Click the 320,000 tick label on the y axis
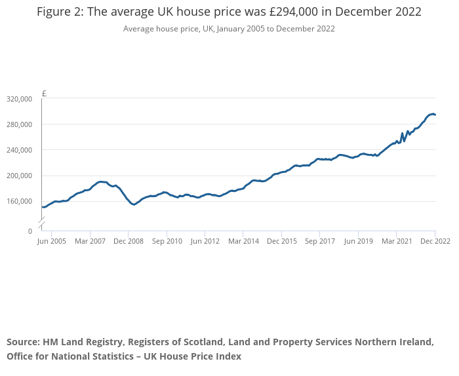click(x=19, y=99)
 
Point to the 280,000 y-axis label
click(x=19, y=124)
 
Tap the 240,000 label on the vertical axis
click(x=19, y=150)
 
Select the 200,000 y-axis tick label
click(x=19, y=176)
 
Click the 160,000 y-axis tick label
click(x=19, y=201)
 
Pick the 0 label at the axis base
click(x=30, y=231)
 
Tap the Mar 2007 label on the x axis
click(x=90, y=241)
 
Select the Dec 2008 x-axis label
click(x=129, y=241)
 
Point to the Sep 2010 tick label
click(x=167, y=241)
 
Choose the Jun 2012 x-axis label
click(x=205, y=241)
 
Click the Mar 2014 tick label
click(x=243, y=241)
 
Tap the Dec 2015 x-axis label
click(x=281, y=241)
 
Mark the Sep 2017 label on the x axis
click(x=320, y=241)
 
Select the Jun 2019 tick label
click(x=358, y=241)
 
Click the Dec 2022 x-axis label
click(x=435, y=241)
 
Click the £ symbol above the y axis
click(x=44, y=93)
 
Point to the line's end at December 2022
click(x=435, y=115)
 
